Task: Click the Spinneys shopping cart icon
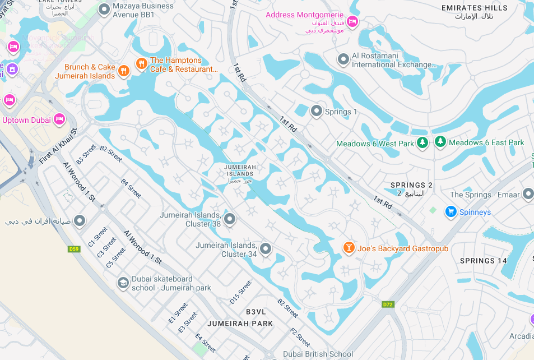pos(451,211)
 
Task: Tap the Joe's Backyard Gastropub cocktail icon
pos(349,248)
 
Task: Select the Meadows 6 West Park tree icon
pos(422,143)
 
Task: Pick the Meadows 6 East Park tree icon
pos(440,142)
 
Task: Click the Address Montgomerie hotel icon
pos(352,21)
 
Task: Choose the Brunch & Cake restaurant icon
pos(124,71)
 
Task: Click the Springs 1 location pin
pos(317,111)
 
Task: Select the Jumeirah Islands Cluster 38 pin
pos(230,218)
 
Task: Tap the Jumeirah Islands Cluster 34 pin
pos(266,248)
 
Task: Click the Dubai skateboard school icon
pos(123,283)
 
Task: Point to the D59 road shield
pos(74,248)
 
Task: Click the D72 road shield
pos(388,304)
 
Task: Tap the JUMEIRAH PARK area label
pos(240,324)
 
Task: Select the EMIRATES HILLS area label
pos(474,8)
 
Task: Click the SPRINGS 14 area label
pos(483,261)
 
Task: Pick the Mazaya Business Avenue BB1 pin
pos(104,9)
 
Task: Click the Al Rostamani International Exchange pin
pos(343,59)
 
